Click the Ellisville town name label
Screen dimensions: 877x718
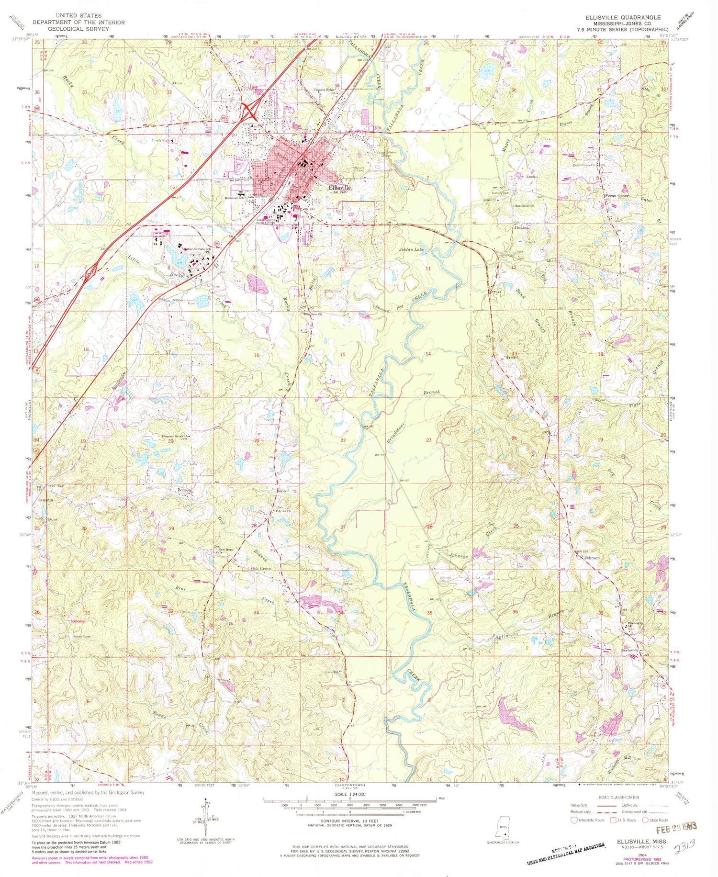340,188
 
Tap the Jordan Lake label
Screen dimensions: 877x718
412,250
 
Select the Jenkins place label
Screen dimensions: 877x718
521,228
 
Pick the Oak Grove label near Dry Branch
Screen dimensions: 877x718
261,568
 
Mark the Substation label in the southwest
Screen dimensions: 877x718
78,621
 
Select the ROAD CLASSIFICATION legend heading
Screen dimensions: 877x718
618,798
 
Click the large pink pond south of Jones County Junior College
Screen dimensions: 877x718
258,284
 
